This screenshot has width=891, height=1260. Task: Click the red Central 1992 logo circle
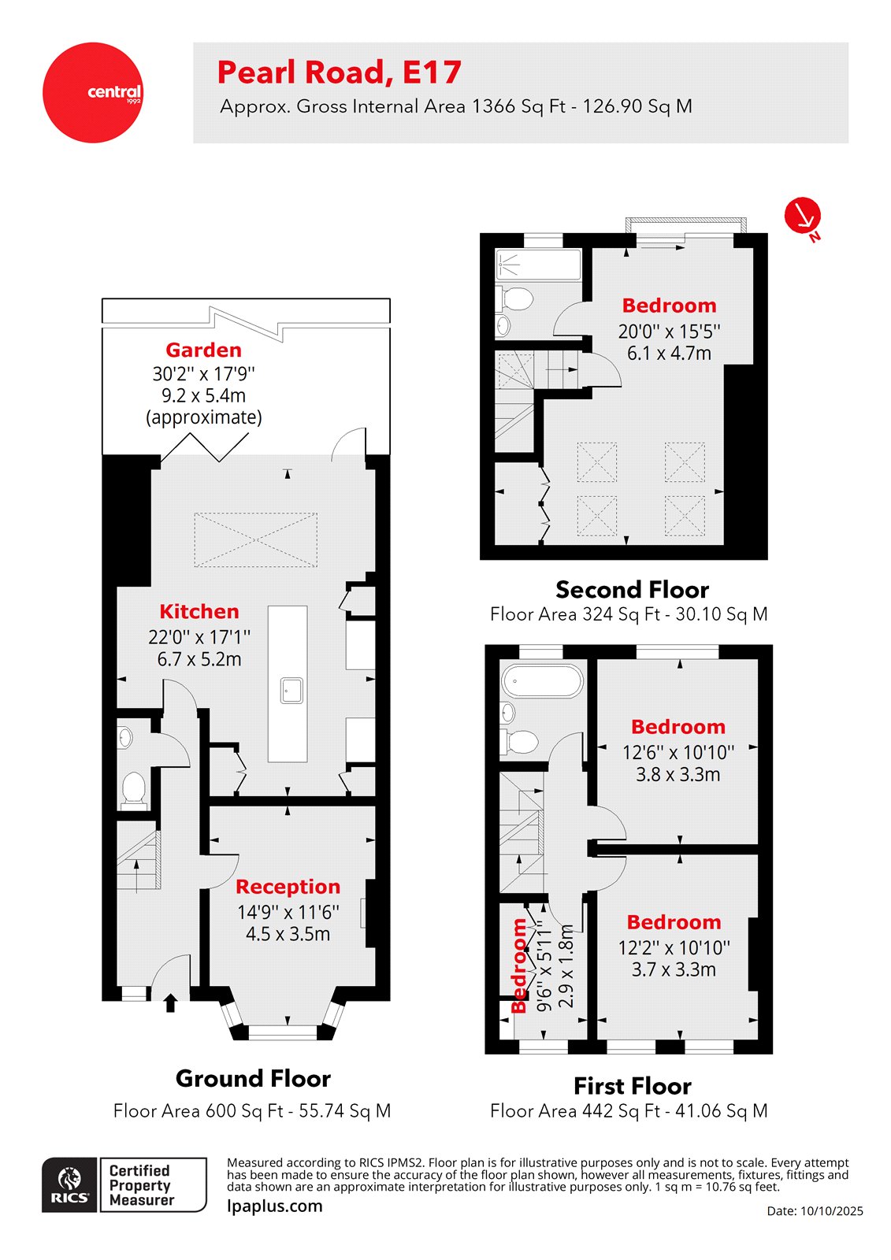(x=93, y=92)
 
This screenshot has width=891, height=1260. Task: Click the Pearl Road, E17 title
(x=339, y=72)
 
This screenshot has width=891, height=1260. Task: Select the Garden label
(x=203, y=350)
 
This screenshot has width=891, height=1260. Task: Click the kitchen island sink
(x=291, y=691)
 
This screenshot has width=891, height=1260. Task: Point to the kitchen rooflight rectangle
(x=256, y=540)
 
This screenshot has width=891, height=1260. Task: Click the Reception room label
(x=288, y=887)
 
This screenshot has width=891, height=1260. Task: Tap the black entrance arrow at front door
(x=170, y=1002)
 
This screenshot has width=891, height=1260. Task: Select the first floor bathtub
(x=543, y=681)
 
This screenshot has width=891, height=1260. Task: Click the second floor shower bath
(x=538, y=265)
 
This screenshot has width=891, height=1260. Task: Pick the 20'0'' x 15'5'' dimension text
(x=669, y=332)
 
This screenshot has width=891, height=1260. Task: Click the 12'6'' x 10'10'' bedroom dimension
(x=678, y=752)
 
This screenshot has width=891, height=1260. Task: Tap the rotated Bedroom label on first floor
(x=519, y=965)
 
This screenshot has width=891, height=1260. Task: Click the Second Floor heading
(x=632, y=590)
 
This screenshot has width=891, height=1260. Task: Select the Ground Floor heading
(x=253, y=1078)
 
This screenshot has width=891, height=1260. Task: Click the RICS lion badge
(x=70, y=1184)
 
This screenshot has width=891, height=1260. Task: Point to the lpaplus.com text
(x=274, y=1206)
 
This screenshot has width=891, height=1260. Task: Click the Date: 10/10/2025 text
(x=815, y=1211)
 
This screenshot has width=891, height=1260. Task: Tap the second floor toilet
(x=518, y=298)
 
